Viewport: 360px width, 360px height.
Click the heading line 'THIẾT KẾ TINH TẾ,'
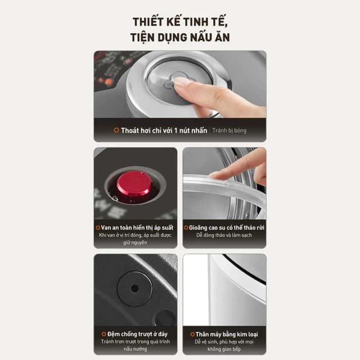click(180, 21)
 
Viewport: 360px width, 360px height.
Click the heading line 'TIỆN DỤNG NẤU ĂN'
click(180, 38)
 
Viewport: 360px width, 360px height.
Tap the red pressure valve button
click(134, 183)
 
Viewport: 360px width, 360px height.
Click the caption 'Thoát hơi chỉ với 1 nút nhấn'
click(164, 130)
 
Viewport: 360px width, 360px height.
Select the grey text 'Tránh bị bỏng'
click(229, 130)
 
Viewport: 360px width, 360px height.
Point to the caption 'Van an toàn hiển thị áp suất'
click(137, 227)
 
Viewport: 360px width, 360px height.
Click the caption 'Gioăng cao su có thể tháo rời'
click(226, 227)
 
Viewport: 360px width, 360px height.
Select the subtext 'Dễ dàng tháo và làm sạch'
click(224, 235)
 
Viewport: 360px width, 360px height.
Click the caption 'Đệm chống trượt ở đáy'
click(137, 334)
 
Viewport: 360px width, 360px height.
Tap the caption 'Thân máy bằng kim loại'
click(227, 334)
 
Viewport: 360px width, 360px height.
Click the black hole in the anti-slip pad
click(134, 289)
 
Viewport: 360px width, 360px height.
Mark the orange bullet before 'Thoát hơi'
click(116, 130)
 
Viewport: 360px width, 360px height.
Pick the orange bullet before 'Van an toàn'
click(98, 227)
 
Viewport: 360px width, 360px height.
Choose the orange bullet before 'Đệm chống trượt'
click(103, 334)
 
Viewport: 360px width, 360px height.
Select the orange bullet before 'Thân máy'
click(192, 334)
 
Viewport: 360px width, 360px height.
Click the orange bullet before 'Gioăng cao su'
click(186, 227)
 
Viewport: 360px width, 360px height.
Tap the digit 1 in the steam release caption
click(175, 130)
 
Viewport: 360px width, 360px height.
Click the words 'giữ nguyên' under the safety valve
click(135, 242)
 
